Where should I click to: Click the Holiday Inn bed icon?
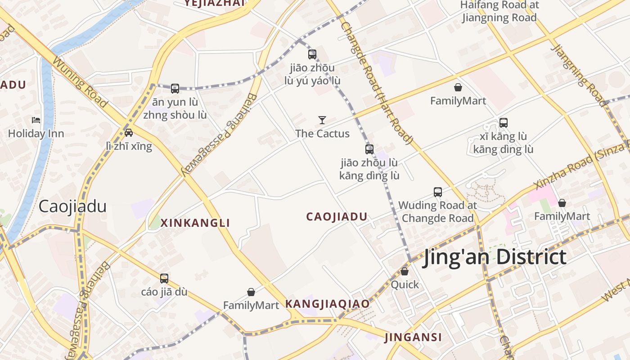click(x=36, y=120)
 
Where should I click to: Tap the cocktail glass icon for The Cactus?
click(x=322, y=120)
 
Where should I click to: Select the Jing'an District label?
click(x=494, y=257)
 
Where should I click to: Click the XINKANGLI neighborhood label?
click(x=195, y=223)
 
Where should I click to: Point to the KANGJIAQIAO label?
click(x=328, y=304)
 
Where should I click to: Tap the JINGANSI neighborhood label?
click(x=413, y=337)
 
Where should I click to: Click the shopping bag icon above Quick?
click(x=405, y=271)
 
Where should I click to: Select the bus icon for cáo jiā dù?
click(x=164, y=279)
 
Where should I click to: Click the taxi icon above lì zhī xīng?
click(x=129, y=132)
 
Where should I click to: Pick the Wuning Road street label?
click(x=80, y=82)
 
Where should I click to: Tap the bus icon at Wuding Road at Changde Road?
click(x=438, y=192)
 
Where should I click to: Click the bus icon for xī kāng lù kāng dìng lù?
click(x=504, y=122)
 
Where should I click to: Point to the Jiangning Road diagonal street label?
click(x=580, y=76)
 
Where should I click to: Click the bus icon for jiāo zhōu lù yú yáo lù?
click(x=312, y=54)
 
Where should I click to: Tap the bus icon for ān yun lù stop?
click(x=175, y=89)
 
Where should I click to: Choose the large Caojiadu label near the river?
click(x=72, y=206)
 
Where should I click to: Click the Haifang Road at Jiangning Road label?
click(x=499, y=11)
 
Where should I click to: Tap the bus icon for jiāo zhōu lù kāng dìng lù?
click(x=369, y=149)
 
